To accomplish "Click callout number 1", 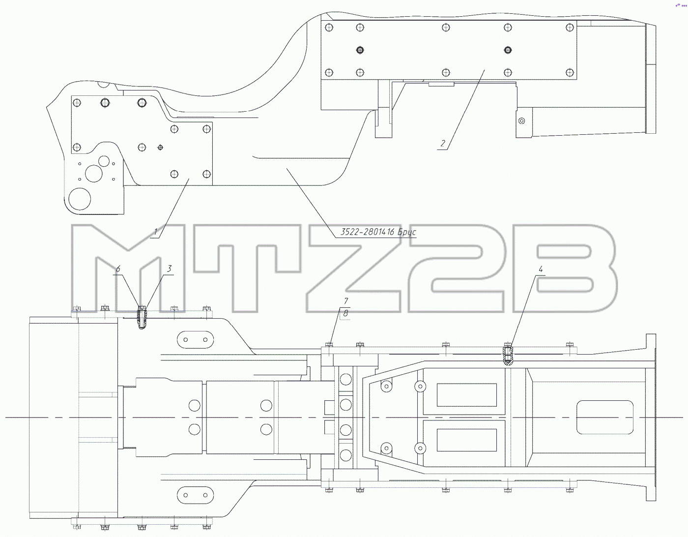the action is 155,232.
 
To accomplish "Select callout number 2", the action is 443,144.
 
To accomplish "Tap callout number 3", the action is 170,269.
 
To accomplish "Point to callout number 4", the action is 541,269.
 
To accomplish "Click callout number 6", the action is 118,269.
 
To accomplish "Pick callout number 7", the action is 346,301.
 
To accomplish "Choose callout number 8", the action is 345,314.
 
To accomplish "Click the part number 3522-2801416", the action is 367,232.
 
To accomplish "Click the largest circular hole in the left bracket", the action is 80,199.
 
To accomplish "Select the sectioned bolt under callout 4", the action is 508,354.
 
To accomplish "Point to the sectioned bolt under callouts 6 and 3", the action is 142,318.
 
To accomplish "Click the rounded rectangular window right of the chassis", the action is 605,417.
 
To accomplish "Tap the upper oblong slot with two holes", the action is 196,340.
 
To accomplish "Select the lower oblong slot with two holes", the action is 196,495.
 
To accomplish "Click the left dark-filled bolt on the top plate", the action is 360,50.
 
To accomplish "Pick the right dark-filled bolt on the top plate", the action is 508,50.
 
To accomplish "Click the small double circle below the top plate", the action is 522,120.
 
